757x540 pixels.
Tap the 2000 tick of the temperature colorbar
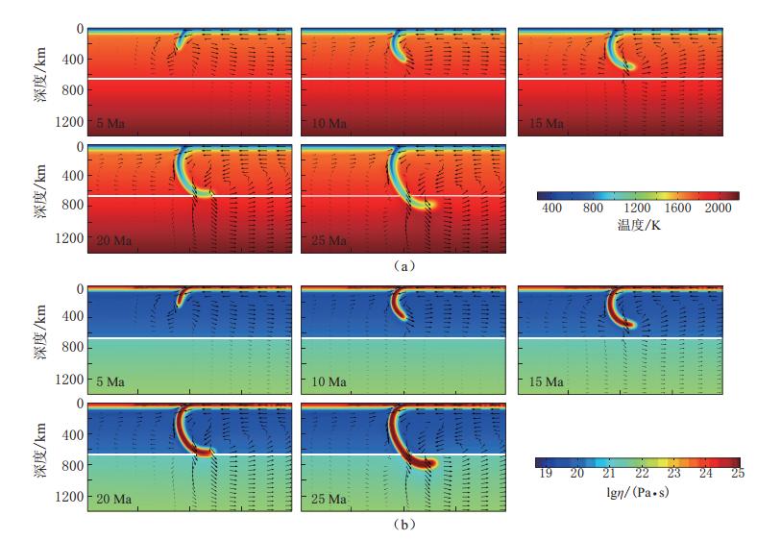coord(722,209)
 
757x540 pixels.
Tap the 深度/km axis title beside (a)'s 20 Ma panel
coord(41,197)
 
